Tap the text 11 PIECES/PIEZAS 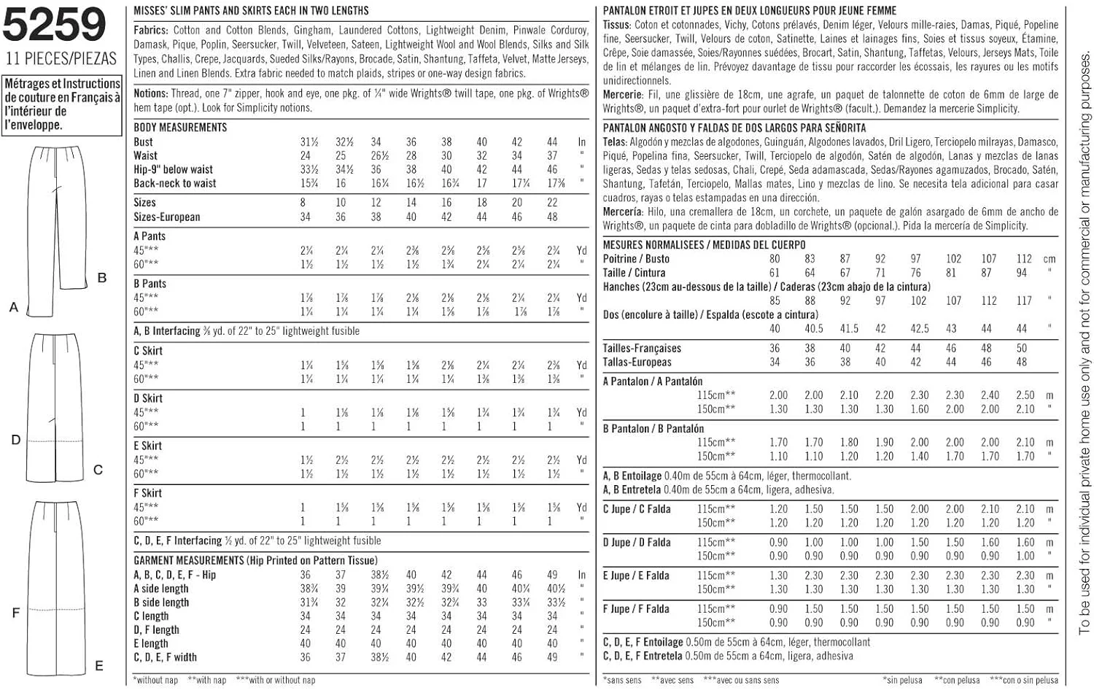tap(61, 58)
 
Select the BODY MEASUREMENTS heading tap(180, 127)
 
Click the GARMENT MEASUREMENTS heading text tap(188, 560)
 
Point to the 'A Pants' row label tap(150, 236)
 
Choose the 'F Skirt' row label tap(148, 493)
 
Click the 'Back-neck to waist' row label tap(175, 183)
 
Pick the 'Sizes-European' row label tap(166, 217)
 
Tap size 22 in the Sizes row tap(552, 203)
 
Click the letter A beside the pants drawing tap(13, 308)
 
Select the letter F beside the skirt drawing tap(15, 613)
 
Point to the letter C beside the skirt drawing tap(98, 470)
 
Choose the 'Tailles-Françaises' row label tap(642, 349)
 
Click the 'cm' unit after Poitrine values tap(1050, 259)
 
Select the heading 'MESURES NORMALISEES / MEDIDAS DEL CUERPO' tap(704, 245)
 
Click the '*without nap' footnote tap(156, 680)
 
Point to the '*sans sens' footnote tap(624, 680)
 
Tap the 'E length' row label tap(151, 643)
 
